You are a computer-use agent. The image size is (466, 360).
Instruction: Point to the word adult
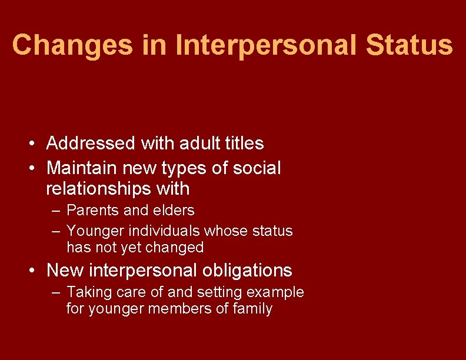point(197,143)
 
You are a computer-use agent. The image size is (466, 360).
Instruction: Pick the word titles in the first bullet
point(243,143)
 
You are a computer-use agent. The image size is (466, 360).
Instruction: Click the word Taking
point(85,292)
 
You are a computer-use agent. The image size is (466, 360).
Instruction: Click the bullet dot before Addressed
point(36,144)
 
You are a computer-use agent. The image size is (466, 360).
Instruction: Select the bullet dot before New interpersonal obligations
point(36,271)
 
